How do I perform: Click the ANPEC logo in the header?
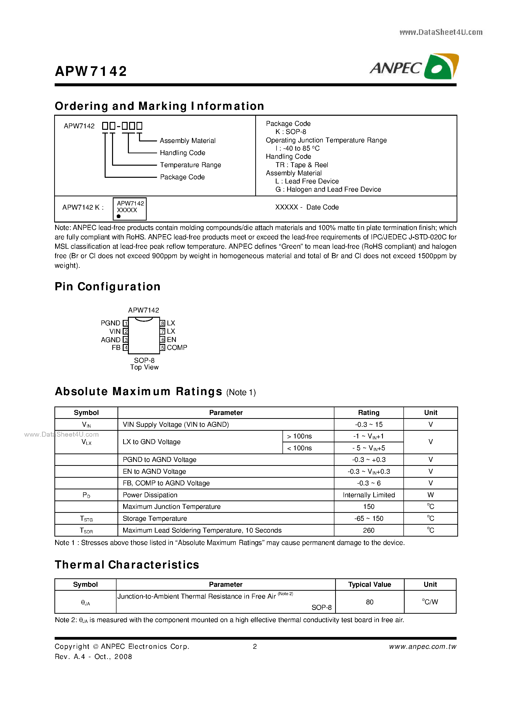tap(414, 67)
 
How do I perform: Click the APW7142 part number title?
tap(91, 71)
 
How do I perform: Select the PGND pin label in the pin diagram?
tap(110, 323)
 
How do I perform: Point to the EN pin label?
tap(171, 339)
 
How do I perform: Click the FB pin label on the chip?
tap(116, 348)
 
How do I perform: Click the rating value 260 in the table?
tap(368, 530)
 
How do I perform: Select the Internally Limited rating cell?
tap(368, 495)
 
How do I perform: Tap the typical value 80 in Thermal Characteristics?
tap(369, 602)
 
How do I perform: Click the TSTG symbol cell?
tap(86, 519)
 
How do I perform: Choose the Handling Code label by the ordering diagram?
tap(182, 153)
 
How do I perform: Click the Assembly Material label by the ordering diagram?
tap(187, 141)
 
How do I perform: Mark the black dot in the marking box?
tap(119, 216)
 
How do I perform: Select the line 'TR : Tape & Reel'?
tap(302, 165)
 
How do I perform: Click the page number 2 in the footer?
tap(255, 647)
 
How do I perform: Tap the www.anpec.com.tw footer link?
tap(422, 647)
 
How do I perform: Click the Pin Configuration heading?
tap(107, 287)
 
